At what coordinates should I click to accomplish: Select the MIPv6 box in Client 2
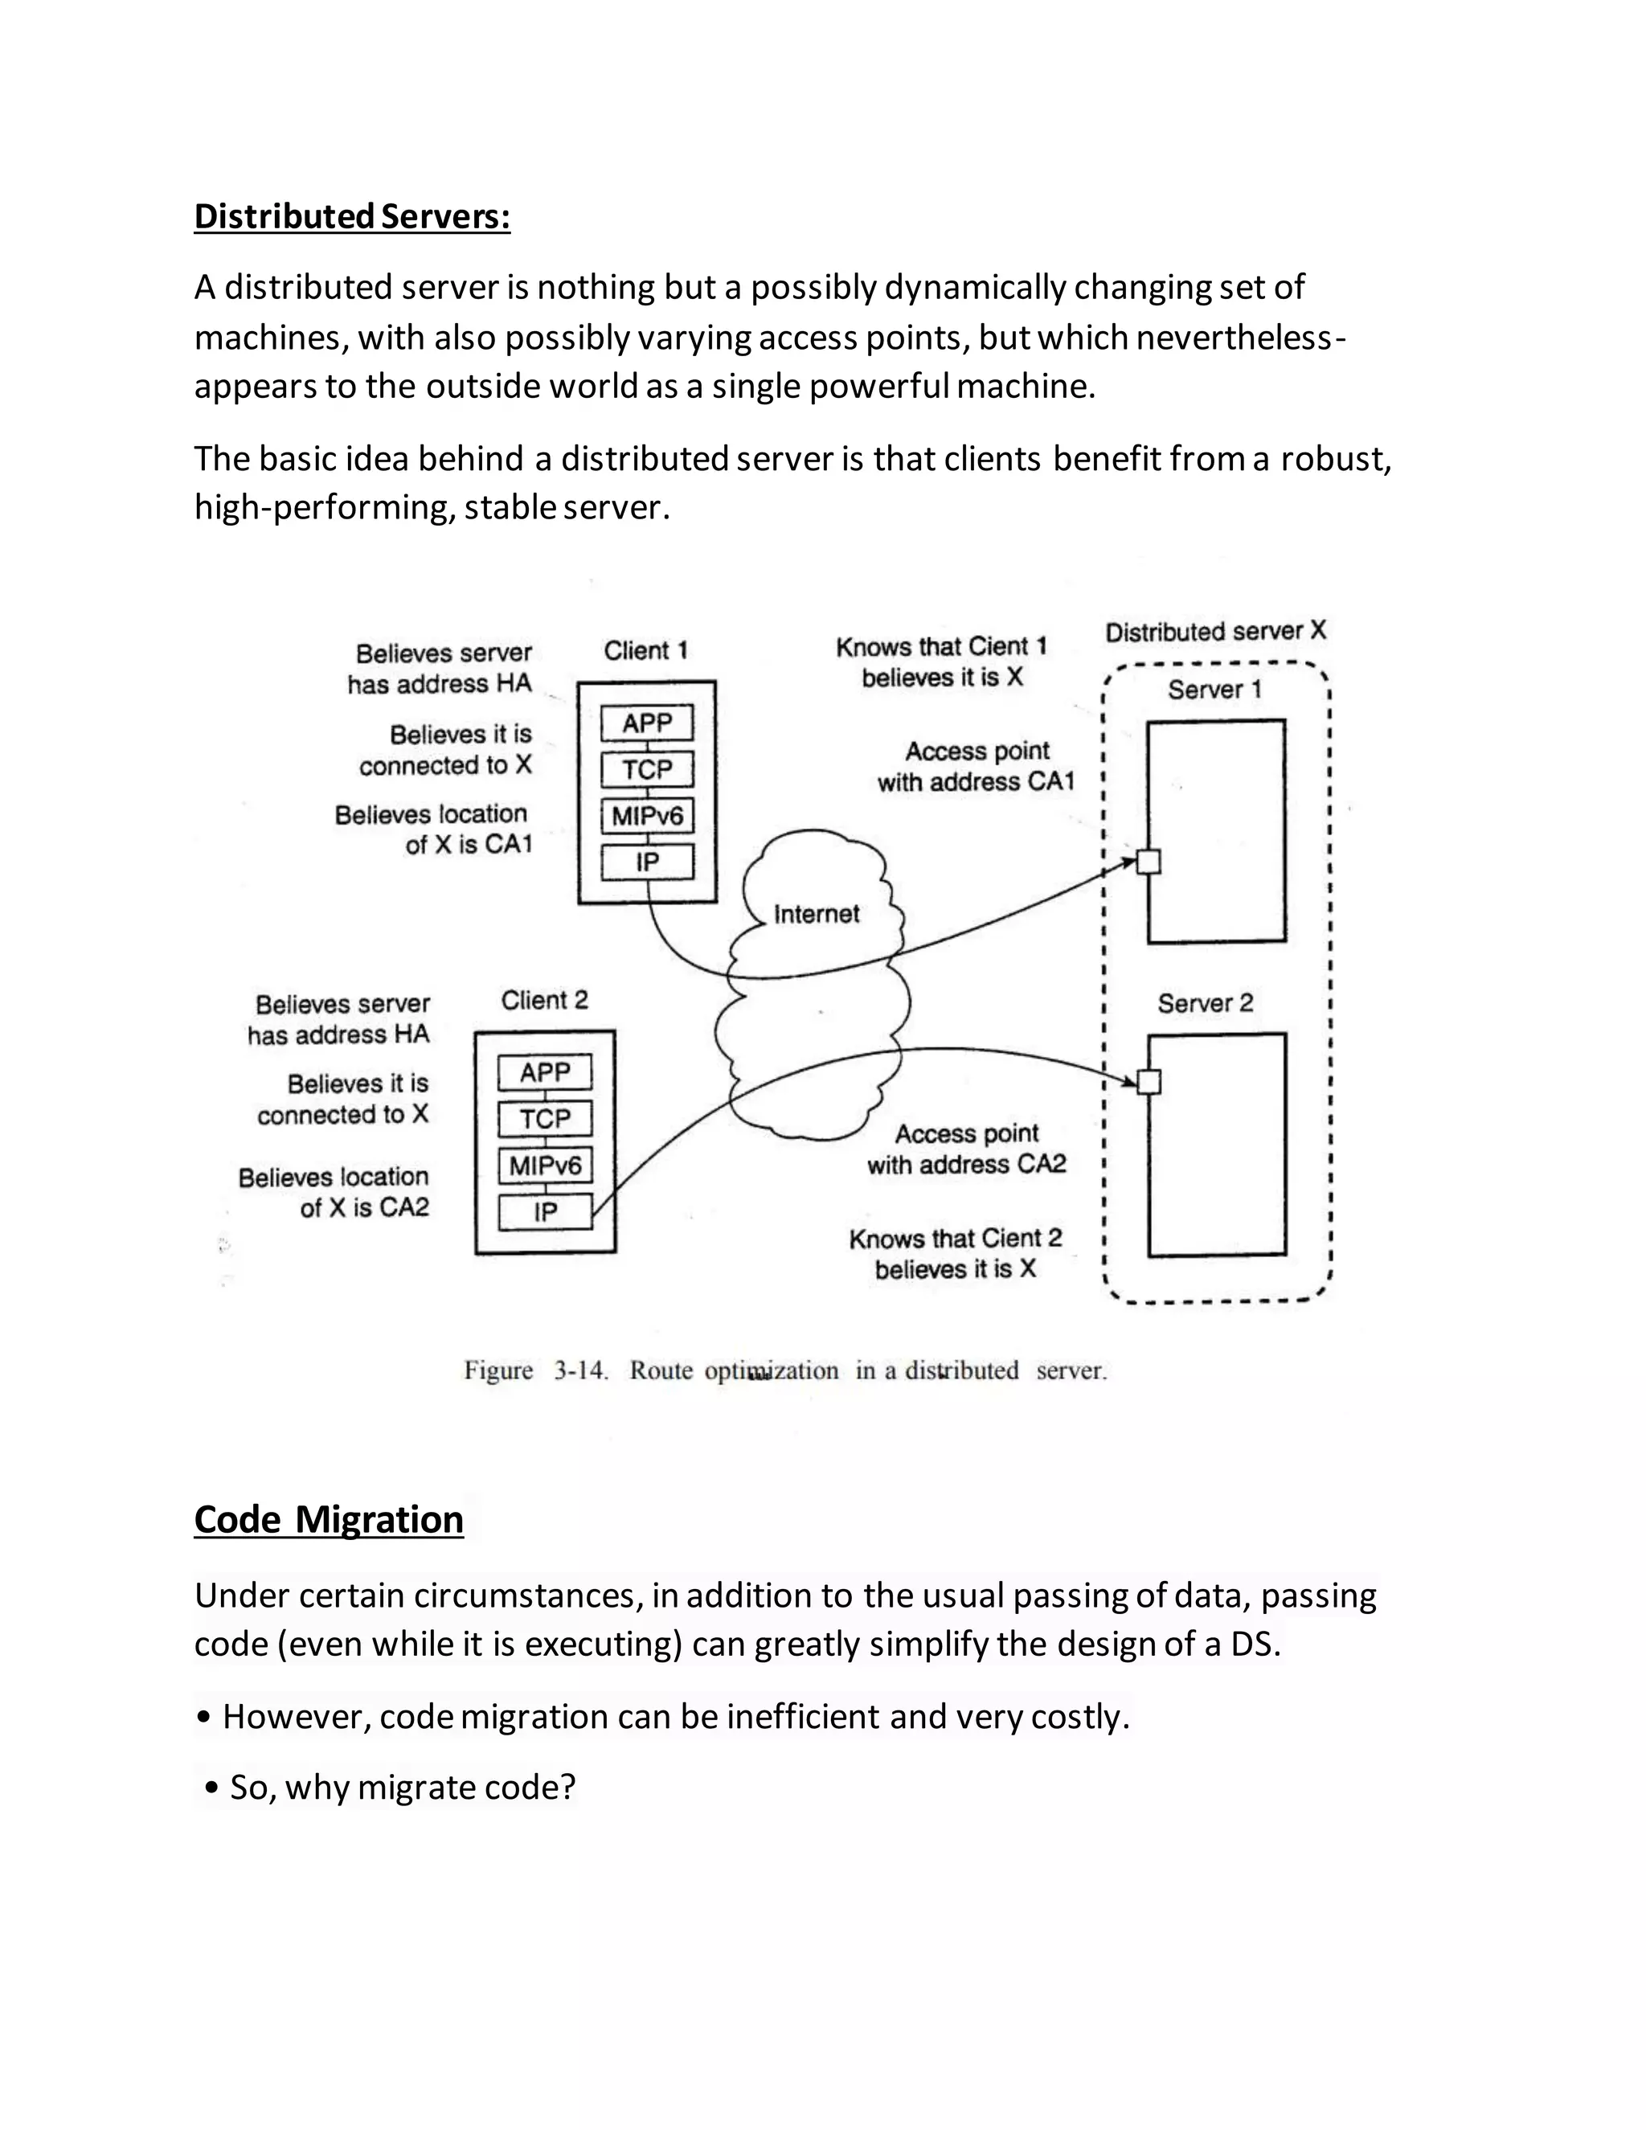(x=545, y=1165)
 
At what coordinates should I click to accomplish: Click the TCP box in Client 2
(x=545, y=1119)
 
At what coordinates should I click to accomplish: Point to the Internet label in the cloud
(x=817, y=914)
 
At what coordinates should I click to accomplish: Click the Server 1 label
(x=1214, y=690)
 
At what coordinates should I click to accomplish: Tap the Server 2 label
(x=1206, y=1002)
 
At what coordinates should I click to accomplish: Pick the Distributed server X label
(x=1215, y=631)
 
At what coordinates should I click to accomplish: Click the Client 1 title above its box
(x=645, y=650)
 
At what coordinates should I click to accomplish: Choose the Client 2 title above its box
(x=544, y=1000)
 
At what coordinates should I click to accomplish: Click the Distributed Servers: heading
(x=352, y=216)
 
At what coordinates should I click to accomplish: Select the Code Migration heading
(x=329, y=1519)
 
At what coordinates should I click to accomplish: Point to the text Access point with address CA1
(x=976, y=767)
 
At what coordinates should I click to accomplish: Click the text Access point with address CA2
(x=966, y=1149)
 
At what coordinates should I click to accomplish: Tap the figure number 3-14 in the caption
(x=581, y=1370)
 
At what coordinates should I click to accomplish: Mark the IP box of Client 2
(x=545, y=1212)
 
